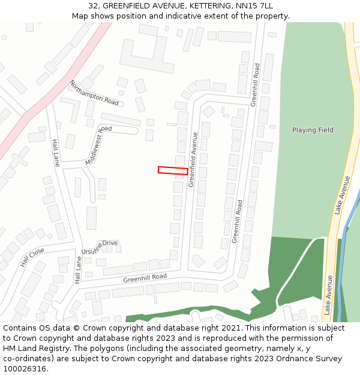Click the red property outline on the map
173,170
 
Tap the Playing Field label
313,130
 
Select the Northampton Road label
94,92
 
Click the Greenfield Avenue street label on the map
193,160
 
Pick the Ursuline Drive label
100,247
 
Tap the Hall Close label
32,257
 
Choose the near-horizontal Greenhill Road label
145,278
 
